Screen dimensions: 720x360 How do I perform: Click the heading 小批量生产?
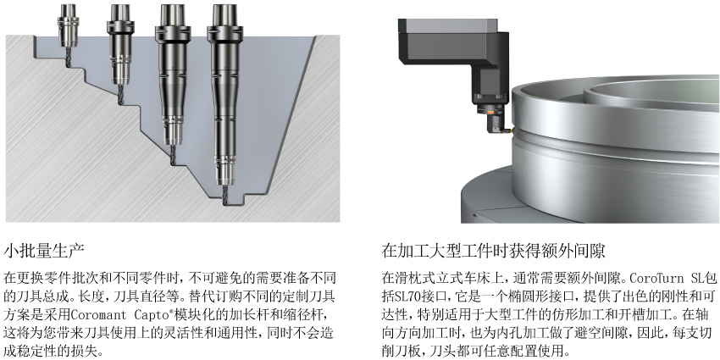click(x=44, y=251)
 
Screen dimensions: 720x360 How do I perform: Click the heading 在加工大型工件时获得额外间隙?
click(x=493, y=251)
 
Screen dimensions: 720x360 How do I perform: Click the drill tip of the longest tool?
click(x=225, y=202)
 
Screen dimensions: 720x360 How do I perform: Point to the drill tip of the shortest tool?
click(x=69, y=64)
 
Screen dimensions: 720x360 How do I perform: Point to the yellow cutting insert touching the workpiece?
click(x=507, y=130)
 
